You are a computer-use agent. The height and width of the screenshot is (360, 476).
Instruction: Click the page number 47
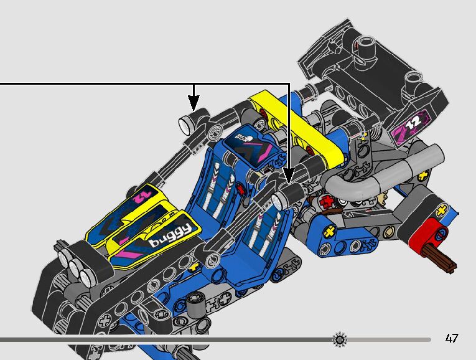pyautogui.click(x=452, y=339)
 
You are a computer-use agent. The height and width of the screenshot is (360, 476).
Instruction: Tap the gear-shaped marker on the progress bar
pyautogui.click(x=340, y=339)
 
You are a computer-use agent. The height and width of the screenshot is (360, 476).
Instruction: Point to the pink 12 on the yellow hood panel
pyautogui.click(x=142, y=196)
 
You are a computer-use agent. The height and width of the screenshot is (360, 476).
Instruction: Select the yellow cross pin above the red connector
pyautogui.click(x=442, y=211)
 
